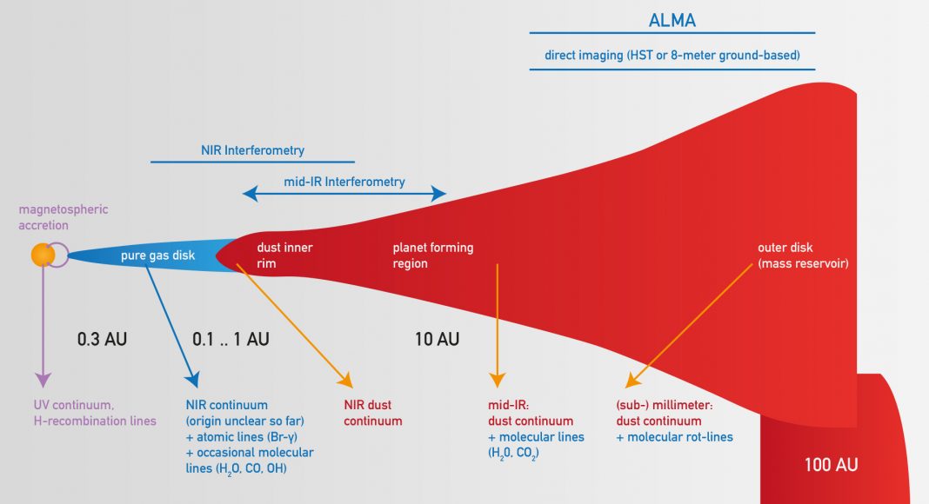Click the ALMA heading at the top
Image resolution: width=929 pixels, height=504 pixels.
[x=672, y=20]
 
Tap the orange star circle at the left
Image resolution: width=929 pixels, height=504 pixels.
[x=43, y=255]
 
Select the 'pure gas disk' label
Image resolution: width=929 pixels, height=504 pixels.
[x=158, y=255]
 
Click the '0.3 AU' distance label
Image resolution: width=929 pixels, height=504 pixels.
[x=102, y=339]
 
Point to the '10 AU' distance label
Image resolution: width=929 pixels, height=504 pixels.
[x=437, y=339]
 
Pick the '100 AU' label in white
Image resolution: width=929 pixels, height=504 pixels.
[x=831, y=465]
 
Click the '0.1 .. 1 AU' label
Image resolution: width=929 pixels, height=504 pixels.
[x=231, y=339]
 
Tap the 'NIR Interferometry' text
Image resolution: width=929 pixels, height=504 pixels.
[x=252, y=150]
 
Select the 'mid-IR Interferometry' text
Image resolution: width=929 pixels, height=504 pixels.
[x=344, y=182]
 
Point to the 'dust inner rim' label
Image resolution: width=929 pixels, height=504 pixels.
[x=284, y=255]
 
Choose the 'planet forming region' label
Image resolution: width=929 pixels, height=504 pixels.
[x=433, y=255]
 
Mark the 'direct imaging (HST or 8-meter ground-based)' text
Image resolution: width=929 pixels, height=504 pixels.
[x=672, y=56]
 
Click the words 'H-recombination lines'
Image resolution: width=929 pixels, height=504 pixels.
[x=96, y=421]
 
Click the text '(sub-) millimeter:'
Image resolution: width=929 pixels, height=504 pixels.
[x=664, y=405]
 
